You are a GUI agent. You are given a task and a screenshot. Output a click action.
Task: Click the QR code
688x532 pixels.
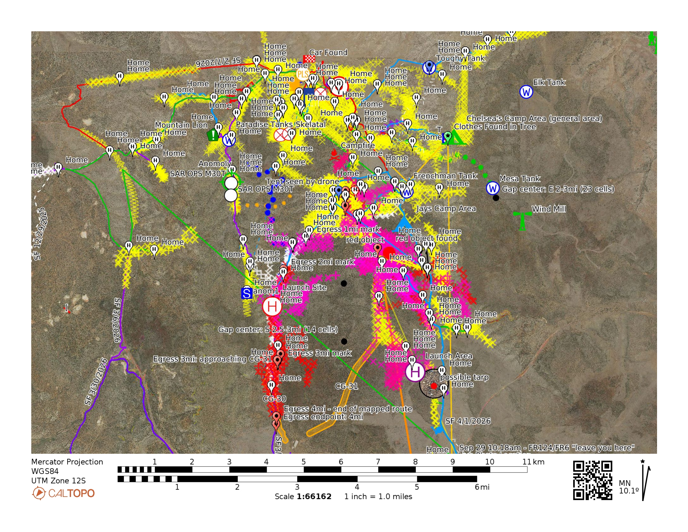tap(592, 480)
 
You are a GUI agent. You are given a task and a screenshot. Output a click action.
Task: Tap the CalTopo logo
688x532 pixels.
tap(63, 493)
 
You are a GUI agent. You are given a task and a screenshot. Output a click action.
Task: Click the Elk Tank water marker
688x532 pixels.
tap(526, 92)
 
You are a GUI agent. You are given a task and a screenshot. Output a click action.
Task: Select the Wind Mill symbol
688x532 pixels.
tap(522, 220)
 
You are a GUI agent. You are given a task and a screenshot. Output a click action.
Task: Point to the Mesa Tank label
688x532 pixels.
tap(519, 179)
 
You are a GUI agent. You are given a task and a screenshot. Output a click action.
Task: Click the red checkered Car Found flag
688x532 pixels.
tap(309, 59)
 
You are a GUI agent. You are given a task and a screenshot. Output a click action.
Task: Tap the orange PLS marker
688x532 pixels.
tap(302, 74)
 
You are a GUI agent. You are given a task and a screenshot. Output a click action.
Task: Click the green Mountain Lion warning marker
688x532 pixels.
tap(213, 135)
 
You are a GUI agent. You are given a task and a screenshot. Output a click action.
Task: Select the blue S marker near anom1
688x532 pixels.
tap(246, 294)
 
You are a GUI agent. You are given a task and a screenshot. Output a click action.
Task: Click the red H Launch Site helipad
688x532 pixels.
tap(272, 306)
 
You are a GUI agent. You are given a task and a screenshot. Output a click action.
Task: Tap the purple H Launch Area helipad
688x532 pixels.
tap(415, 372)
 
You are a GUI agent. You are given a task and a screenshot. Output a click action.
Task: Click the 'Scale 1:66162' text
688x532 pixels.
tap(303, 496)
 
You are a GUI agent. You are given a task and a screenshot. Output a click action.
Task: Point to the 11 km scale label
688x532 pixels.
tap(533, 462)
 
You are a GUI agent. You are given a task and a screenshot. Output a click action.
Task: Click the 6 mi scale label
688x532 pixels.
tap(482, 487)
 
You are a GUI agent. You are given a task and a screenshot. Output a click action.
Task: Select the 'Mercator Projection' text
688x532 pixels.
tap(67, 462)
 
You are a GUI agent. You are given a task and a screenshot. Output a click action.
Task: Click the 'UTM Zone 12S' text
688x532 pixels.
tap(58, 481)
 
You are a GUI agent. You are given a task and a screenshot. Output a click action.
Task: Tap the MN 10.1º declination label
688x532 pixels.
tap(629, 487)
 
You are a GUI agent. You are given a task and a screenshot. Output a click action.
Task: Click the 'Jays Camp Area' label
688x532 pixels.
tap(446, 208)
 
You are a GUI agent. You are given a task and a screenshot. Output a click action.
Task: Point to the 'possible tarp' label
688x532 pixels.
tap(464, 377)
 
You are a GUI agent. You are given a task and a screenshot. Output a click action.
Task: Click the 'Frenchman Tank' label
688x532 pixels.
tap(445, 176)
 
